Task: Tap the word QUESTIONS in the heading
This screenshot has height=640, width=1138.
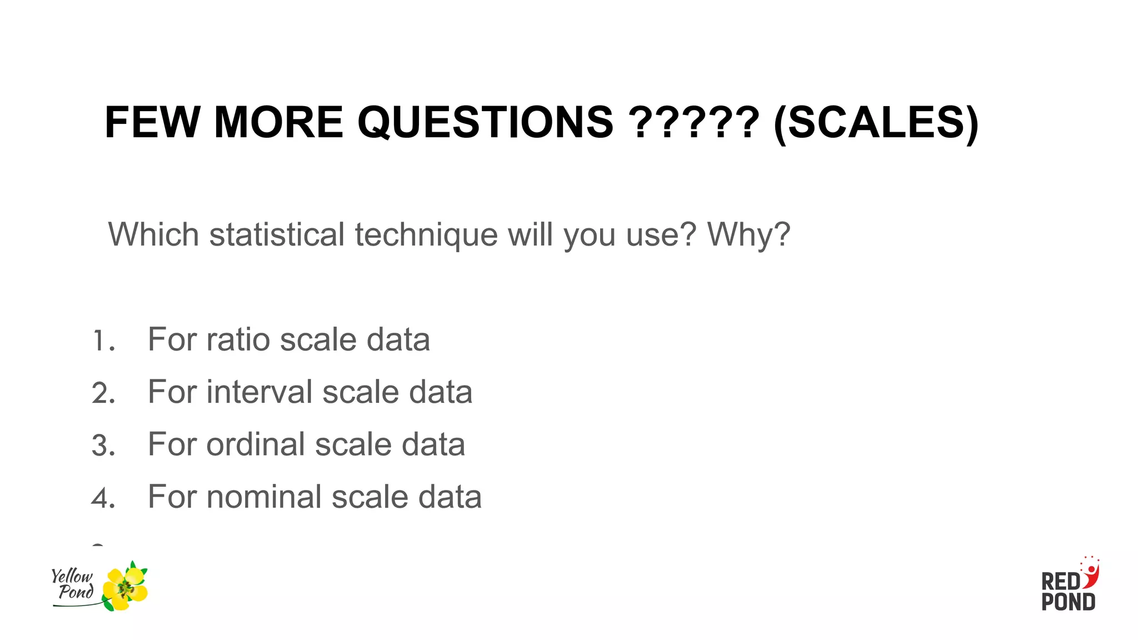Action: (485, 122)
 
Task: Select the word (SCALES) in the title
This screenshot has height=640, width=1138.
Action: (876, 123)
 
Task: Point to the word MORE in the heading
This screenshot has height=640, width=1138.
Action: (278, 122)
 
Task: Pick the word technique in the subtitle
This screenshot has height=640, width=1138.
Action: (426, 236)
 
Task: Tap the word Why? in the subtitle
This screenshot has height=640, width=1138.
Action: (748, 235)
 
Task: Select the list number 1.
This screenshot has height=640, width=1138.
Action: (103, 341)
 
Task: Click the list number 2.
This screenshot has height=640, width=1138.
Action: (103, 393)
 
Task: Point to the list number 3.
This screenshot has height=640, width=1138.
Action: (103, 446)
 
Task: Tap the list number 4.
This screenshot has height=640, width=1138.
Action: (103, 498)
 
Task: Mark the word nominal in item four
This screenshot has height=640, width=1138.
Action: (264, 497)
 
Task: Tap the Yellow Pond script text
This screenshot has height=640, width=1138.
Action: (73, 584)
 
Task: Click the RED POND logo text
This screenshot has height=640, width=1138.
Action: (1067, 592)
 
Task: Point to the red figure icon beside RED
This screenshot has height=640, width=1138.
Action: (1090, 574)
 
